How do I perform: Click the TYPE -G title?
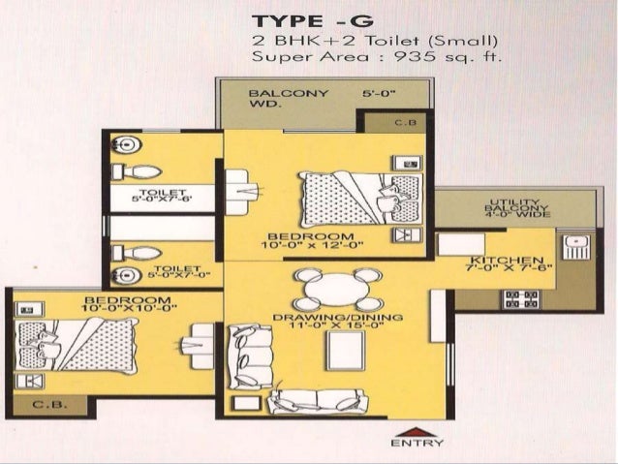coord(313,22)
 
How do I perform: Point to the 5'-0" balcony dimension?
coord(380,94)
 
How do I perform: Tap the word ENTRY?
coord(405,444)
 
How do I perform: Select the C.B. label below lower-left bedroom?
coord(45,404)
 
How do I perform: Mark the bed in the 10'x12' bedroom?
coord(359,198)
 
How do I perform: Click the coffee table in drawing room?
coord(345,352)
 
